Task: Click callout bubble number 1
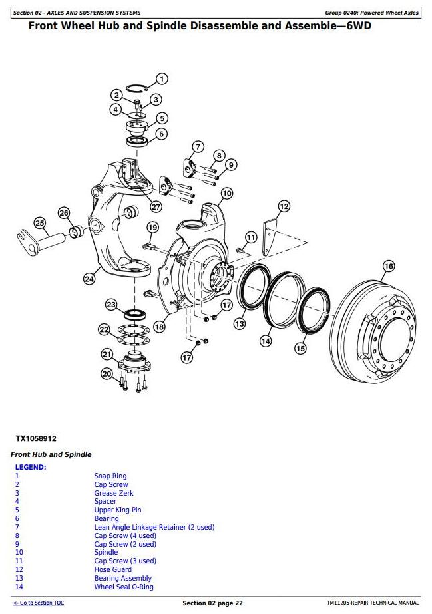click(x=162, y=79)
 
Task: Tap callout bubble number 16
click(x=389, y=266)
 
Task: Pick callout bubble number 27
click(x=156, y=206)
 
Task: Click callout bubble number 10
click(x=226, y=194)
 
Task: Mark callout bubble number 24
click(x=89, y=279)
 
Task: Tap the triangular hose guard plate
click(x=270, y=237)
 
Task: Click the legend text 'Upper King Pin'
click(x=118, y=510)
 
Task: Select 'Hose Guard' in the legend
click(x=112, y=569)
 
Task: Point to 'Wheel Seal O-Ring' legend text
click(x=124, y=587)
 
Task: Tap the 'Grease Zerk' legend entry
click(x=114, y=493)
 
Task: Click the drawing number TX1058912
click(x=36, y=438)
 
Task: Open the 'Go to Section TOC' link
click(x=39, y=603)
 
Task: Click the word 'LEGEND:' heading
click(x=31, y=467)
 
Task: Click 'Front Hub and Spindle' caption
click(x=51, y=454)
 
